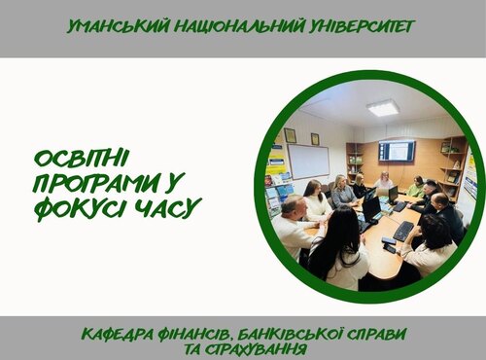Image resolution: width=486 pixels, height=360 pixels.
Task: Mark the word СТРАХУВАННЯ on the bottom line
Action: point(252,348)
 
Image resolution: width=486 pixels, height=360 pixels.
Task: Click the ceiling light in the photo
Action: point(382,107)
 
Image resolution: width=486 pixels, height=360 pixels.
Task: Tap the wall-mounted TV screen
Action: point(397,151)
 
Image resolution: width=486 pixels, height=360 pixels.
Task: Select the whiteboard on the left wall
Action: point(308,161)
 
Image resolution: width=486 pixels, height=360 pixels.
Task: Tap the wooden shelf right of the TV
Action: point(450,165)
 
